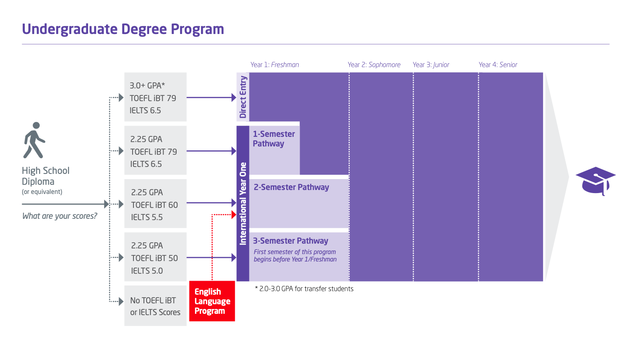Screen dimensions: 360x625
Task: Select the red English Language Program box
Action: [x=212, y=301]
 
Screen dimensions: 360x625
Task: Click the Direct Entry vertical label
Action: [x=243, y=97]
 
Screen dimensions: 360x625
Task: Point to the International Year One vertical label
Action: [x=243, y=203]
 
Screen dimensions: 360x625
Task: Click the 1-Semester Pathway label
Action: [x=274, y=139]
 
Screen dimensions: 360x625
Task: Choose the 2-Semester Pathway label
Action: [x=291, y=187]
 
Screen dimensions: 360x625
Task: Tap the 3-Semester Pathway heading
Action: [x=290, y=241]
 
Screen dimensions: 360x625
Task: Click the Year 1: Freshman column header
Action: [x=275, y=65]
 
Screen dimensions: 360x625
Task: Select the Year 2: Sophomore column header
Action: [x=374, y=65]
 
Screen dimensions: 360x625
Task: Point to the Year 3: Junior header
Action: [x=431, y=65]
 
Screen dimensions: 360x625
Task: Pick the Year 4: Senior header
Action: [x=498, y=65]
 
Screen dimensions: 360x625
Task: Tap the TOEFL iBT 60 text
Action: [x=154, y=205]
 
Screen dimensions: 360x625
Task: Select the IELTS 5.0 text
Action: [x=147, y=271]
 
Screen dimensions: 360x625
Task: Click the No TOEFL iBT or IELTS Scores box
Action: [x=155, y=306]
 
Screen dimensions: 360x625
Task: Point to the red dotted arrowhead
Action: [x=232, y=214]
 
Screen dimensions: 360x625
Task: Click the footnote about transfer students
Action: [x=304, y=289]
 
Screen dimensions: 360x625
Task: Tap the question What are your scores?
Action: [x=60, y=216]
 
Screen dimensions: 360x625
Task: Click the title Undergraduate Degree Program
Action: [x=123, y=29]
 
